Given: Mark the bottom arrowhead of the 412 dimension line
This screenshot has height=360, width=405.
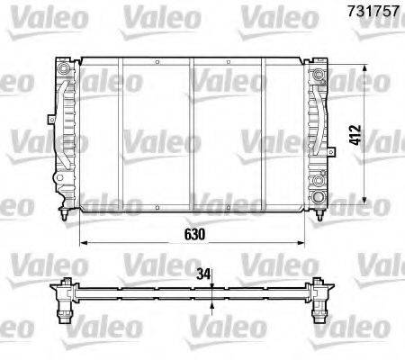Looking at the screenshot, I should point(364,201).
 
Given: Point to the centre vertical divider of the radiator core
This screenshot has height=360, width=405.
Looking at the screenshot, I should point(192,135).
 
